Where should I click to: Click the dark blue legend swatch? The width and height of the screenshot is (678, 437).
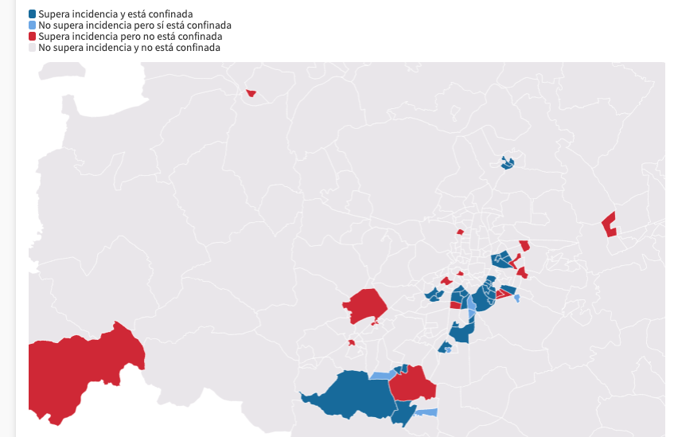[x=33, y=14]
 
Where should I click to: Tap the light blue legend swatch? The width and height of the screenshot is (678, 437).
[x=33, y=25]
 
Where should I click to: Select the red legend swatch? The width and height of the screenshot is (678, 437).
[x=33, y=37]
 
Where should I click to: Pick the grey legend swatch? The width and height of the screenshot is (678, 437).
[x=33, y=48]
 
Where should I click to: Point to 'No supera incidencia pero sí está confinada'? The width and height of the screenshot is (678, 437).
[x=134, y=25]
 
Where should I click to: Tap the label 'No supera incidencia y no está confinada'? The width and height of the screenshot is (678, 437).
[x=129, y=48]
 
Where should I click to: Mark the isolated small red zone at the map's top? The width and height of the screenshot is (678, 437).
[x=251, y=93]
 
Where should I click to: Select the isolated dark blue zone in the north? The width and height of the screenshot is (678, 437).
[x=507, y=163]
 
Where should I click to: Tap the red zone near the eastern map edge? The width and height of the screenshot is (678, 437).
[x=610, y=224]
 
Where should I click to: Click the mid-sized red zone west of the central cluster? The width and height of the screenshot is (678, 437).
[x=366, y=306]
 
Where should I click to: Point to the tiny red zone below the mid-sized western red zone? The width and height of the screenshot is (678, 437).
[x=351, y=343]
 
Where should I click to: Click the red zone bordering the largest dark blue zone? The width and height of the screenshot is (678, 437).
[x=412, y=384]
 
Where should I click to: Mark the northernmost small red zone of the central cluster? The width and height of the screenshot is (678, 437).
[x=460, y=232]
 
